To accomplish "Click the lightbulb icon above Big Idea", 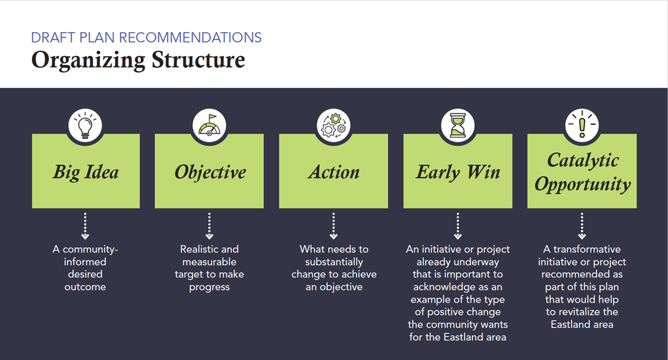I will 86,125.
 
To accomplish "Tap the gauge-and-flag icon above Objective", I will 210,125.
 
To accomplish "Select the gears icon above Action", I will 333,125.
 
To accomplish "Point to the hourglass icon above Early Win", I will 458,125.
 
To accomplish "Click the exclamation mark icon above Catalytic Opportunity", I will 582,125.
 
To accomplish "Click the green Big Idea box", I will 86,172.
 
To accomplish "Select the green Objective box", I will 210,172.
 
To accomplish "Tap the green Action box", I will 333,172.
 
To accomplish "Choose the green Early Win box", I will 458,172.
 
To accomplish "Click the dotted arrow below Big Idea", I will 86,226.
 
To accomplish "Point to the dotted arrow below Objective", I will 210,226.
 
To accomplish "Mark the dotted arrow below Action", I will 333,226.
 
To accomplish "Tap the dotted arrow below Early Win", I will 458,226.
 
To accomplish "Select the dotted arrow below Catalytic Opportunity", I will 582,226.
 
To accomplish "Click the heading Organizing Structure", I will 138,60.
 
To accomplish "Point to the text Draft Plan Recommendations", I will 146,37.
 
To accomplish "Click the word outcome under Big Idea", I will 86,287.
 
